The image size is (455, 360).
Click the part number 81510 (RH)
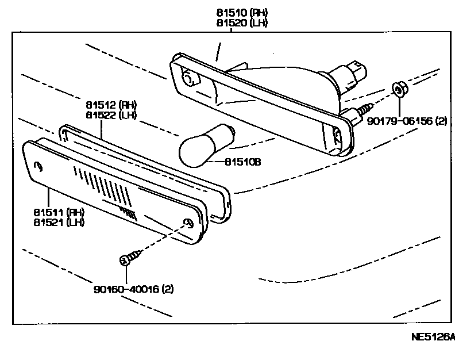[242, 13]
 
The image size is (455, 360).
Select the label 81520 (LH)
[242, 23]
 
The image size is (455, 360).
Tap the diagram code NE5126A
[430, 337]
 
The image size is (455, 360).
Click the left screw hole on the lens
[38, 167]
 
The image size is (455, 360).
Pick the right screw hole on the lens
[187, 223]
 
